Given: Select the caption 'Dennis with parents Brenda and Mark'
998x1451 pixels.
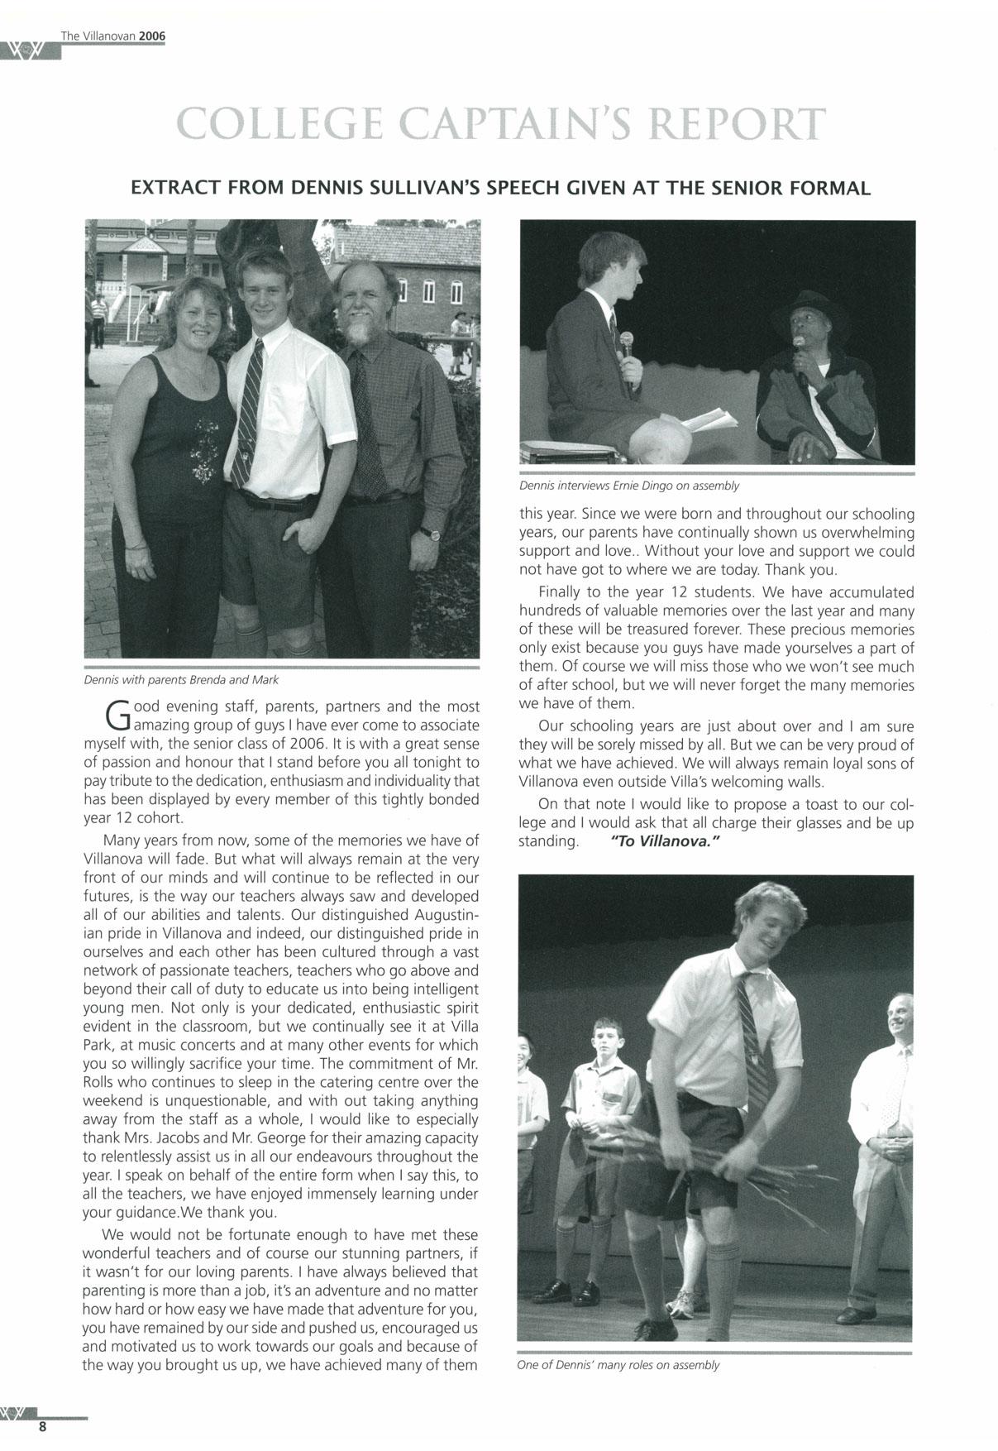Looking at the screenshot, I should click(x=181, y=680).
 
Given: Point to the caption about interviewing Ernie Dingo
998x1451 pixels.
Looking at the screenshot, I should click(x=628, y=486).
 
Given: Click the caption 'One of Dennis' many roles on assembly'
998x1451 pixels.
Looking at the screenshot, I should click(x=618, y=1365).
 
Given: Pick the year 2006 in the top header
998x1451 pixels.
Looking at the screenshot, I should click(x=152, y=36).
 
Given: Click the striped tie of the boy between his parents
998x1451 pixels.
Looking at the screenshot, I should click(x=246, y=414).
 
